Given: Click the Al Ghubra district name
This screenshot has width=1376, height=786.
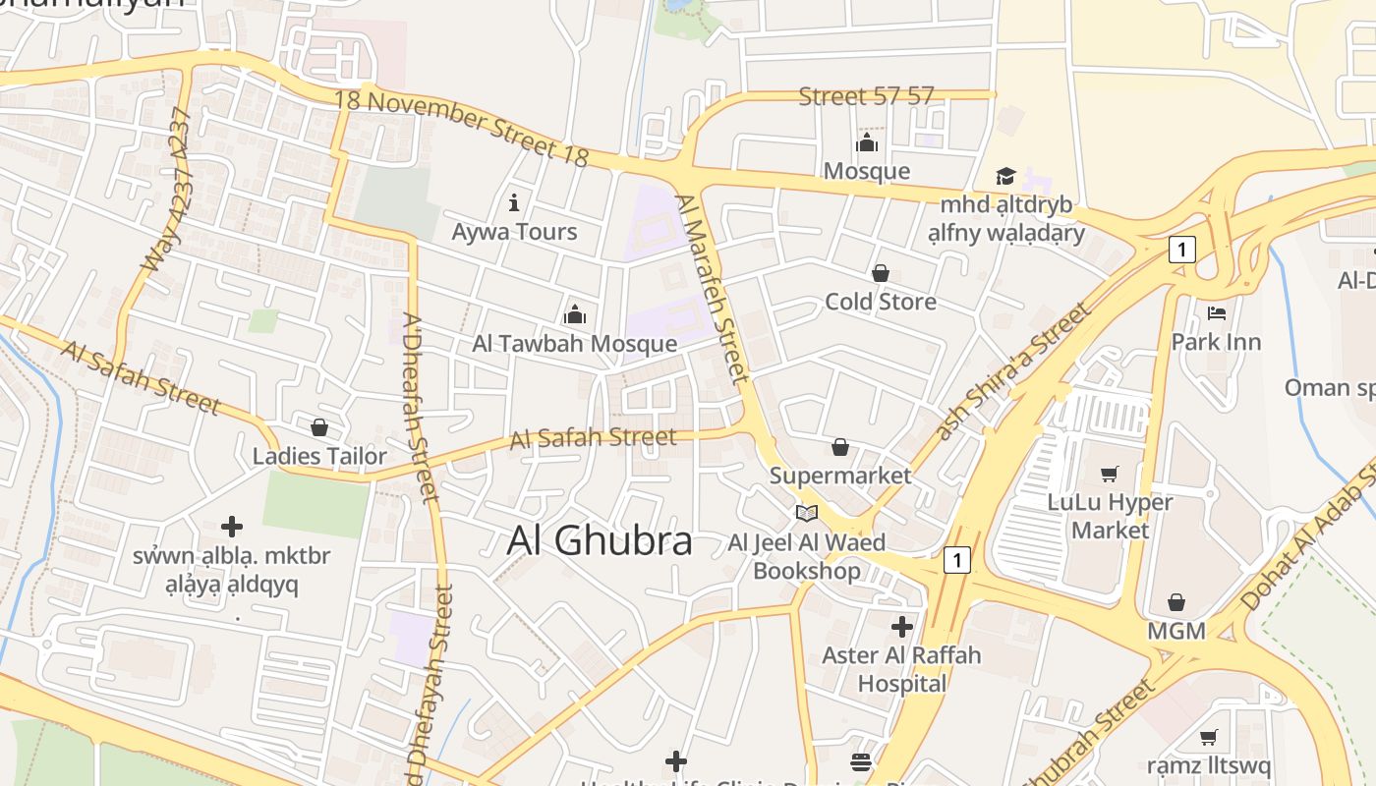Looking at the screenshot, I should coord(600,541).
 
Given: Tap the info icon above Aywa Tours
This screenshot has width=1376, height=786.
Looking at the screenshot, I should coord(514,203).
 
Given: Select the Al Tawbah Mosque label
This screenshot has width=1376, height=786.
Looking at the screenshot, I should coord(574,344).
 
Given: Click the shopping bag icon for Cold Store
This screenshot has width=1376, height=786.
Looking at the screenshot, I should coord(881,273).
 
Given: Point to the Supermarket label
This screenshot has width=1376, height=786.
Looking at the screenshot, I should coord(840,476).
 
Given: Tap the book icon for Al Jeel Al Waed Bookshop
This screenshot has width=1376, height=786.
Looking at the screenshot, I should coord(807,513).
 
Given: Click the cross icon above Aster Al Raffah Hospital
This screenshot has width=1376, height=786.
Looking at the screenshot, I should coord(901,626).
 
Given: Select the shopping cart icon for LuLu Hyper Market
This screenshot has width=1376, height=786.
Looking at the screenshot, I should coord(1110,475).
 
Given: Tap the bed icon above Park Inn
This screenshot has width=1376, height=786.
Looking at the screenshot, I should coord(1217,314).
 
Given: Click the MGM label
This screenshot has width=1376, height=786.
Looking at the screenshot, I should coord(1176,631).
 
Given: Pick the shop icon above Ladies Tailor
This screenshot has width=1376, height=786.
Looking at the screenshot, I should coord(318,427).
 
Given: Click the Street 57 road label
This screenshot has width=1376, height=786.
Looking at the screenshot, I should coord(866,96).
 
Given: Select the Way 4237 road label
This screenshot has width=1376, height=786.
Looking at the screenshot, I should coord(167,191).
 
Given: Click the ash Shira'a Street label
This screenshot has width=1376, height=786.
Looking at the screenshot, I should coord(1012,371).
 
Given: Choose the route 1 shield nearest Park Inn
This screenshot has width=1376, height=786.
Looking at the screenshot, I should coord(1181,250).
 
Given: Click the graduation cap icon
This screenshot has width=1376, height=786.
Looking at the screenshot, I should coord(1005,177).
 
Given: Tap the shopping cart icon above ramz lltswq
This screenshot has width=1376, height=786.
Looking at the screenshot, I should coord(1209,737).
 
